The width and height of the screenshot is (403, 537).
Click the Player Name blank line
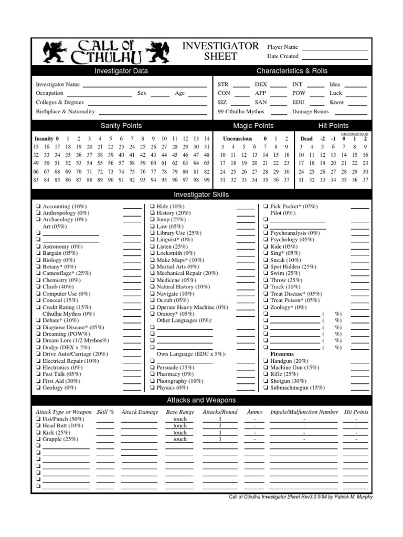tap(335, 50)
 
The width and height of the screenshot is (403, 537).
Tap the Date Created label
tap(282, 56)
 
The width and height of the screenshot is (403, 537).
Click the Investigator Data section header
tap(121, 71)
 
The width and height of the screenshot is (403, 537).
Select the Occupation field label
tap(49, 93)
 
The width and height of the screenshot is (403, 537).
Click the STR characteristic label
tap(223, 84)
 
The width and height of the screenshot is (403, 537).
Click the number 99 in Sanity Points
tap(206, 180)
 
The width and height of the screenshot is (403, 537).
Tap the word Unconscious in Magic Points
tap(237, 138)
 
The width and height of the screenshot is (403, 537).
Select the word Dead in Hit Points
tap(306, 138)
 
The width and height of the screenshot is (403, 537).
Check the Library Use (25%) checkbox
tap(152, 233)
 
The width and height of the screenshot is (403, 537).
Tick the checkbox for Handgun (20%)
tap(266, 361)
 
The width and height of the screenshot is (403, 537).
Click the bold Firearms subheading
tap(282, 354)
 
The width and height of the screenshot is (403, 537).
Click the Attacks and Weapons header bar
tap(201, 401)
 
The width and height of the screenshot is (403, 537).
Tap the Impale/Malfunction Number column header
tap(304, 412)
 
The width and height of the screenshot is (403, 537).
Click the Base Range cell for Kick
tap(180, 433)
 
